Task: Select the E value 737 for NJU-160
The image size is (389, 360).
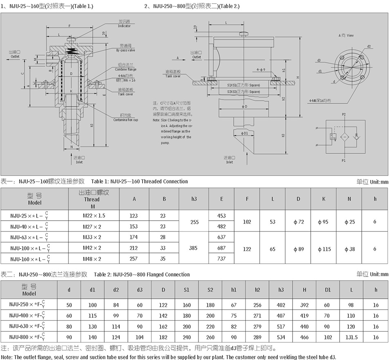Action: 221,259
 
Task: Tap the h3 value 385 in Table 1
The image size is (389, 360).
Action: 194,248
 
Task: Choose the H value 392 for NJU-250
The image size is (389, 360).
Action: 304,304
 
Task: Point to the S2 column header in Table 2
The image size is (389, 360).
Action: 210,290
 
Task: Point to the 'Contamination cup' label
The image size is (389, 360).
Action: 126,119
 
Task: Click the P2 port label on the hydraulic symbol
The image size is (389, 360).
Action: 344,115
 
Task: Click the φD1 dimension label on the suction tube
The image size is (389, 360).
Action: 244,133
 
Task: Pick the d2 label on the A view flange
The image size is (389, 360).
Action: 369,46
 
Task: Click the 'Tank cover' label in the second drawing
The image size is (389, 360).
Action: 173,74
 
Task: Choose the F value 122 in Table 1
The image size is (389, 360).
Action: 247,248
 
